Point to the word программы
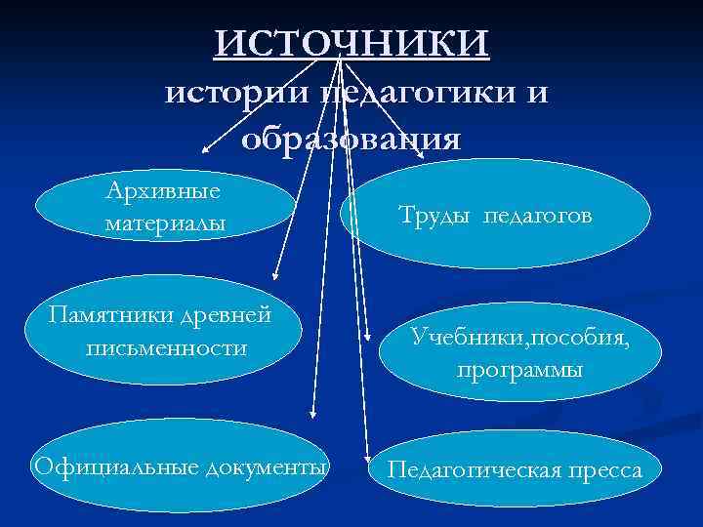(x=518, y=371)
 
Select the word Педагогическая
(x=473, y=471)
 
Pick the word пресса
(x=602, y=471)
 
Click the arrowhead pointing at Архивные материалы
(x=205, y=152)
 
